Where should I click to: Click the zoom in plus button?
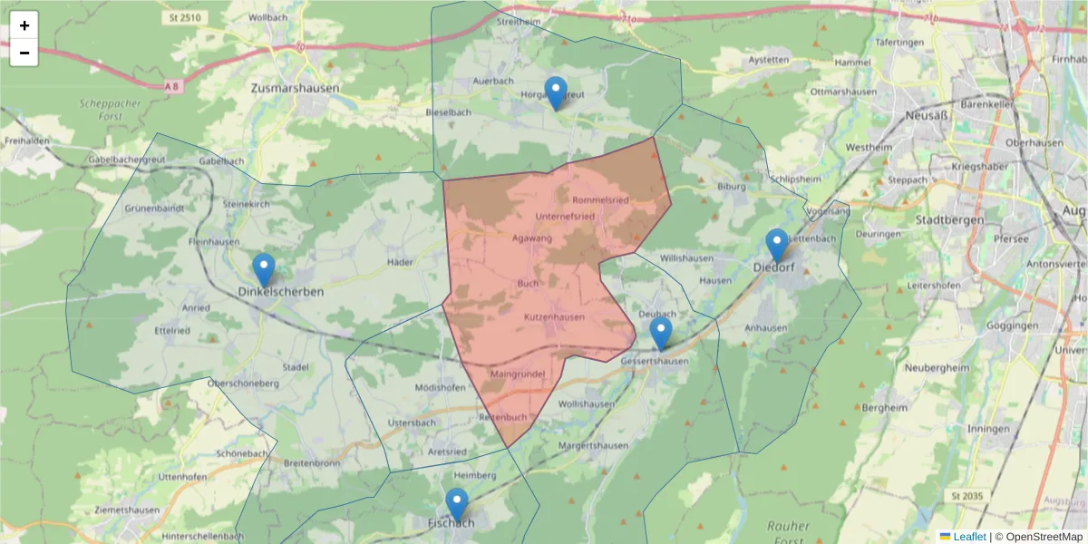(24, 25)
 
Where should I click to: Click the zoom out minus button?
(24, 53)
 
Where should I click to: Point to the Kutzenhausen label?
(554, 316)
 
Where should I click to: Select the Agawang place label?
(532, 238)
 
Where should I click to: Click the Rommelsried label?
(601, 199)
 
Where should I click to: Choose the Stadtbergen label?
(952, 219)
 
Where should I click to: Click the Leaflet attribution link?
(968, 537)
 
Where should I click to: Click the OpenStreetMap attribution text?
(1038, 537)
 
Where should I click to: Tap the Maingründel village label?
(516, 374)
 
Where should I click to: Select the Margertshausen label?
(593, 446)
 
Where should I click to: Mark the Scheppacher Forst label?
(110, 109)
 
